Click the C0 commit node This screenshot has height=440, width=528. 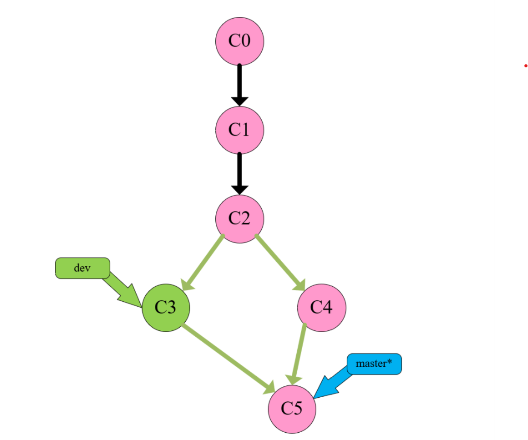tap(239, 41)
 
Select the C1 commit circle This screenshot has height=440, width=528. tap(239, 130)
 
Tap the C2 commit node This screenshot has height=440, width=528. tap(239, 218)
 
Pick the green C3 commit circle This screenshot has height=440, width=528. tap(166, 308)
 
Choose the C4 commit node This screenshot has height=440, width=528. tap(321, 308)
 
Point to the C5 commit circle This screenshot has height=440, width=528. tap(292, 408)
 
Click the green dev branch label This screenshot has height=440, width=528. tap(82, 268)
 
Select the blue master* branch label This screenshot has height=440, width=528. tap(374, 364)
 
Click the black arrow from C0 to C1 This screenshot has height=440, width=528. tap(239, 82)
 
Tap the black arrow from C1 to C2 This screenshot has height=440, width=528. tap(239, 171)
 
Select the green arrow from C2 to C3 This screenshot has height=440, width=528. tap(204, 262)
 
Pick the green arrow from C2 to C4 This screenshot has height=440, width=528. tap(279, 261)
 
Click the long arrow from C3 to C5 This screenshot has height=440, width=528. tap(228, 358)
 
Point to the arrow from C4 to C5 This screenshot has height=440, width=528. tap(299, 353)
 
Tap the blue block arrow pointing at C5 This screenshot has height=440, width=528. tap(331, 385)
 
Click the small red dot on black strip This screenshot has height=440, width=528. tap(526, 66)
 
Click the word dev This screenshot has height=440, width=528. tap(82, 268)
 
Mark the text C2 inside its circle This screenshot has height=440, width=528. tap(239, 218)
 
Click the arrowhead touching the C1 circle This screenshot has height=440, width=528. tap(239, 101)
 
